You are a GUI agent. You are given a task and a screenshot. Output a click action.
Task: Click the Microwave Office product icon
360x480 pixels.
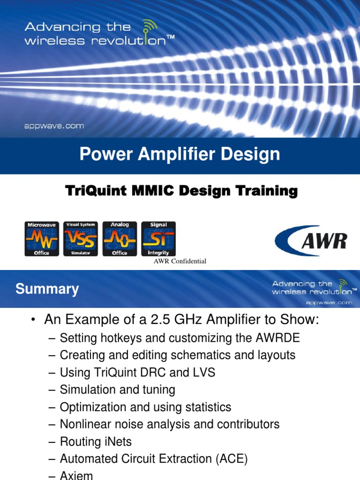click(41, 239)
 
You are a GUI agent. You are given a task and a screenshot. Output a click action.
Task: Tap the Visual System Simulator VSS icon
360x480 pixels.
click(80, 239)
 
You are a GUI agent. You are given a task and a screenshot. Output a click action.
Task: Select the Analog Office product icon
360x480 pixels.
click(120, 239)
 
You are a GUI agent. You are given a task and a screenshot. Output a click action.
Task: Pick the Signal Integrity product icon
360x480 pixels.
click(158, 239)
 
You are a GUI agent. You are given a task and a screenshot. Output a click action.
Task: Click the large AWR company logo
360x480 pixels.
click(311, 240)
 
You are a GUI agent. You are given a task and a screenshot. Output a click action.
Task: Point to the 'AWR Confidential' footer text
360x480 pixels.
click(180, 261)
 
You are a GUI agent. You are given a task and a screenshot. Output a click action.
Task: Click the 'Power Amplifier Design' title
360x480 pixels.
click(180, 154)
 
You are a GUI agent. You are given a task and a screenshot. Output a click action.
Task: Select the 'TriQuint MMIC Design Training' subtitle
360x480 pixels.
click(181, 191)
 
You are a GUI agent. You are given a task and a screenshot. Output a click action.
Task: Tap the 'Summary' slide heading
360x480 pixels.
click(47, 289)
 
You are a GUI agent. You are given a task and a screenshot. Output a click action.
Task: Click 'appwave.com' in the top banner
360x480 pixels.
click(54, 126)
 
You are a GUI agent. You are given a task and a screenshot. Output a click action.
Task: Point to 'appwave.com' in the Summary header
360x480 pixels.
click(329, 303)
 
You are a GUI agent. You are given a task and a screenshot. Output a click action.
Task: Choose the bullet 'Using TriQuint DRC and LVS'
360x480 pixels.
click(137, 372)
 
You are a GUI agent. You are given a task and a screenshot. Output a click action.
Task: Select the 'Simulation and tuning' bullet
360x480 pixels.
click(117, 390)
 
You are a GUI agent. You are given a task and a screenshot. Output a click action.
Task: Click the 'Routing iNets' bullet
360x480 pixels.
click(96, 441)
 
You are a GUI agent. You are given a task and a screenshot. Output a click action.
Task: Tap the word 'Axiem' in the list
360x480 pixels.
click(76, 475)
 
